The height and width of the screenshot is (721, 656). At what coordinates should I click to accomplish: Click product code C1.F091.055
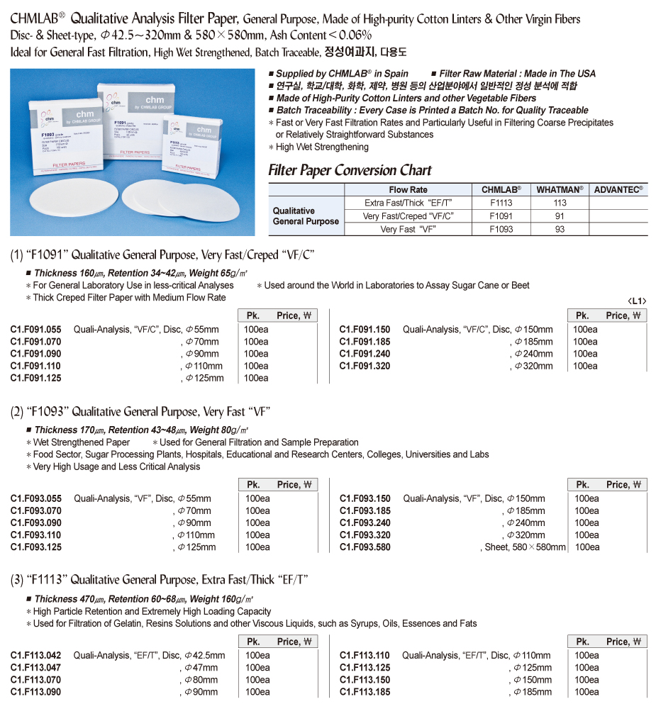click(36, 329)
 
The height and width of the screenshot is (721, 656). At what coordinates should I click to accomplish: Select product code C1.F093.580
click(365, 547)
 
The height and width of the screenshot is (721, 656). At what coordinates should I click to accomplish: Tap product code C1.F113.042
click(36, 655)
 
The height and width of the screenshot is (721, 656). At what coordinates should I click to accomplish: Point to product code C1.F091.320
click(365, 366)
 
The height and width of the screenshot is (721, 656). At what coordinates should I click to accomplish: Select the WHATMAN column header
click(560, 189)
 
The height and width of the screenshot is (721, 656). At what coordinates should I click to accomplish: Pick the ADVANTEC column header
click(618, 189)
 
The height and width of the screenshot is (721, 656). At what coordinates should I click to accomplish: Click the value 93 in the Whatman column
click(560, 229)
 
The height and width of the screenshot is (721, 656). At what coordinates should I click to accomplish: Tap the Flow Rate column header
click(408, 189)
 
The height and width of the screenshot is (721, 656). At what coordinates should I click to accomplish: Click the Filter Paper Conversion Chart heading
click(350, 170)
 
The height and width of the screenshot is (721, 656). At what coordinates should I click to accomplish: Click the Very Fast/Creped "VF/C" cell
click(408, 216)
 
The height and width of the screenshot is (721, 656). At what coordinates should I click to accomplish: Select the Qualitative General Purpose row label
click(306, 216)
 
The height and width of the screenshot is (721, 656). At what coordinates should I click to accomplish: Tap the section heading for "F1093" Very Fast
click(140, 412)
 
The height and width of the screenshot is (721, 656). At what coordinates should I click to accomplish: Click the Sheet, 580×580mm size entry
click(525, 547)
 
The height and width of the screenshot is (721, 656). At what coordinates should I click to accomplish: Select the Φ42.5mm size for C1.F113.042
click(204, 655)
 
